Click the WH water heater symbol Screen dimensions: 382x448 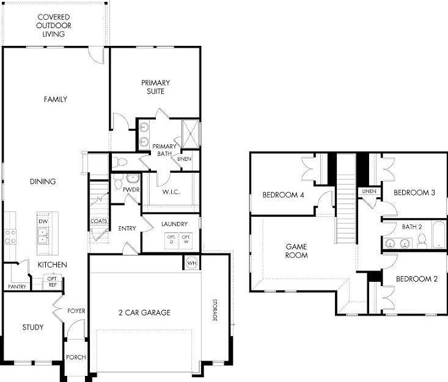[x=192, y=263]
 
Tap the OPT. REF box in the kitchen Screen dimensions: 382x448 [x=53, y=282]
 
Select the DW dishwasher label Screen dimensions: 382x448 [x=43, y=221]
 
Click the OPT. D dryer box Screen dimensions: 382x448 [x=171, y=239]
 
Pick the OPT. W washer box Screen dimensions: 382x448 [x=186, y=239]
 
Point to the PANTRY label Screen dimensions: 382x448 [x=17, y=286]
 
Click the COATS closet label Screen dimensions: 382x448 [x=98, y=221]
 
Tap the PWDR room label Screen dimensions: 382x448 [x=131, y=189]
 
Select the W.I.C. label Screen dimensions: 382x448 [x=171, y=193]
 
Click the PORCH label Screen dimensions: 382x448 [x=76, y=358]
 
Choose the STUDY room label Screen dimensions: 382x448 [x=32, y=328]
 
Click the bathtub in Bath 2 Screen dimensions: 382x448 [x=439, y=235]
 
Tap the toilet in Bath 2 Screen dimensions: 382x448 [x=421, y=241]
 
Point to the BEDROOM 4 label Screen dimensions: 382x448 [x=283, y=195]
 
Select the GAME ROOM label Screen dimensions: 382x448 [x=296, y=251]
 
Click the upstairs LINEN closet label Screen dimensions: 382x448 [x=369, y=191]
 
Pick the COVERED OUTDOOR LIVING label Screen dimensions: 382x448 [x=54, y=26]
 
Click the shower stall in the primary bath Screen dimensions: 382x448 [x=191, y=134]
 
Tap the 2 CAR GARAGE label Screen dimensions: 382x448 [x=144, y=313]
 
